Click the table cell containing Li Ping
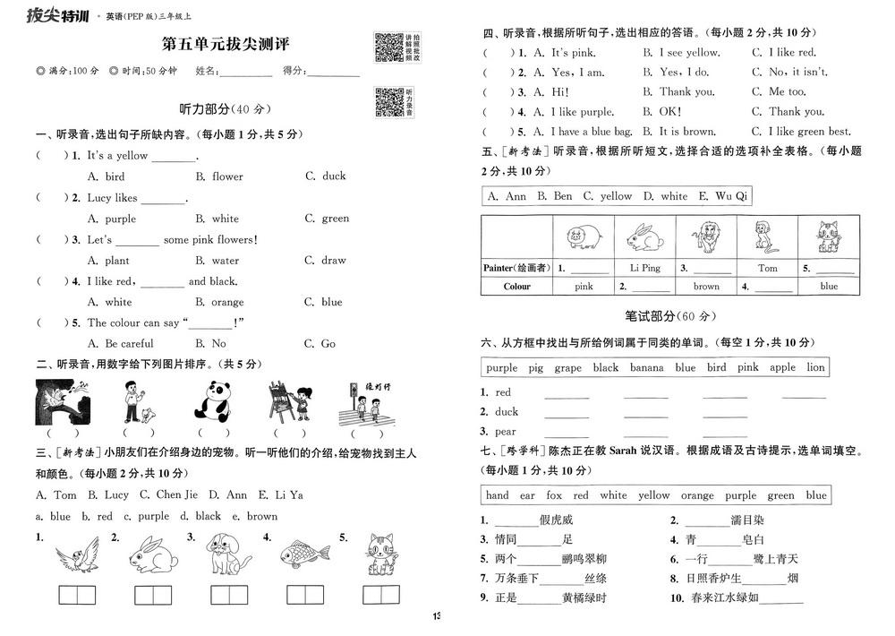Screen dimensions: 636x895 click(644, 268)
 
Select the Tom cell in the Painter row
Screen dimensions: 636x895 click(767, 268)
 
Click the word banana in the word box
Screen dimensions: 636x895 click(646, 367)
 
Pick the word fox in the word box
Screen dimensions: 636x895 click(554, 495)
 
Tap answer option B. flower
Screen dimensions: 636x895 click(219, 176)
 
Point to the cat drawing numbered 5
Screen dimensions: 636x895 click(379, 554)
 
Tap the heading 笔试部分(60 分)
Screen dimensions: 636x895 click(670, 316)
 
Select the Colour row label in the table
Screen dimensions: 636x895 click(516, 287)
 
